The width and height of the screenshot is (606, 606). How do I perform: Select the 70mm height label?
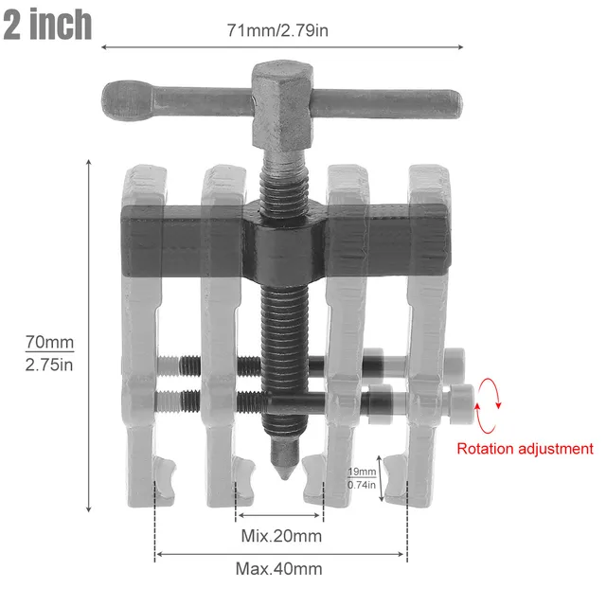click(49, 341)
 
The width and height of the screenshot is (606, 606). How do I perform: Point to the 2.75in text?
click(49, 365)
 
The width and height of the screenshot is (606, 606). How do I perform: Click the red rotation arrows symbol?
click(487, 404)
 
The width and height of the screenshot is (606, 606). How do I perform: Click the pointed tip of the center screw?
click(282, 472)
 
